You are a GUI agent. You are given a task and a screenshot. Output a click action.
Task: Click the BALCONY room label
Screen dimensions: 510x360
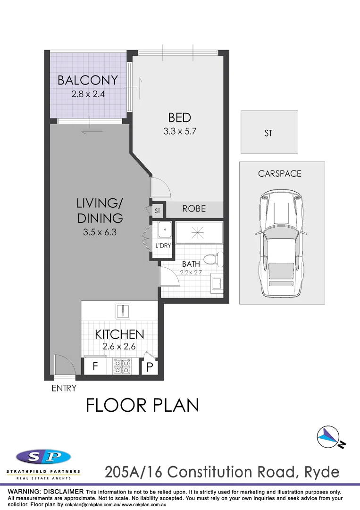pos(88,80)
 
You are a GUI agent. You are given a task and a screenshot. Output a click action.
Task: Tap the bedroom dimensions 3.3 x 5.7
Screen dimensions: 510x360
pos(179,132)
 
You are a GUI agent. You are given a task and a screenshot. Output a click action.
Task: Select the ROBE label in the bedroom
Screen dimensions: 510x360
pos(194,208)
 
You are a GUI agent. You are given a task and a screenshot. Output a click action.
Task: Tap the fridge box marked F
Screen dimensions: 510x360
pos(95,366)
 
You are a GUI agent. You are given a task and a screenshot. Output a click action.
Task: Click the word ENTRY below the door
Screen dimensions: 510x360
pos(64,388)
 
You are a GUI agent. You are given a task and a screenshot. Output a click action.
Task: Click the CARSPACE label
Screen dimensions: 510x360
pos(279,174)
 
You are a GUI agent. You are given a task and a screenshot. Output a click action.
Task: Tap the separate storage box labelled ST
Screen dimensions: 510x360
pos(268,133)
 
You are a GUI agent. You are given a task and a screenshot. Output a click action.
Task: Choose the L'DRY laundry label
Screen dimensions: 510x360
pos(163,246)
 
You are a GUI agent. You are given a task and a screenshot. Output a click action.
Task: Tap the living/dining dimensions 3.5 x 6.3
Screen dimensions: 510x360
pos(100,232)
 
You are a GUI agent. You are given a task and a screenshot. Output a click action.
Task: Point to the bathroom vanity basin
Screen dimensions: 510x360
pos(216,283)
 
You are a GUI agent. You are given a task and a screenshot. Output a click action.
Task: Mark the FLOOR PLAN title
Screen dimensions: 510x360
pos(142,405)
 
